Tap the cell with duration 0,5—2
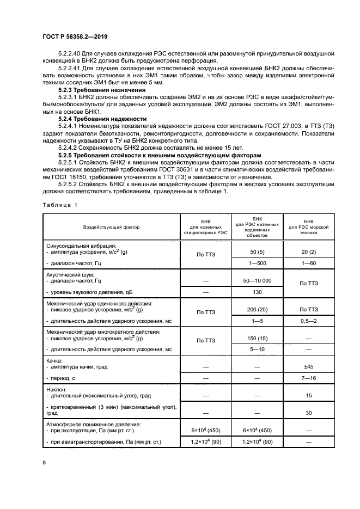[x=308, y=320]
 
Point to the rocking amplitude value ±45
[x=308, y=367]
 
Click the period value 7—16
[x=308, y=377]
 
